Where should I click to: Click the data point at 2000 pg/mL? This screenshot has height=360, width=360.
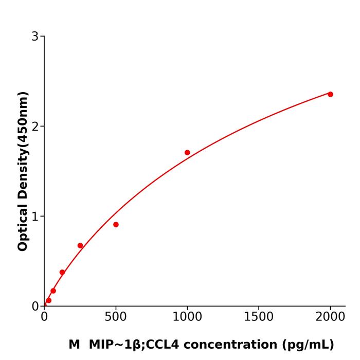pos(330,94)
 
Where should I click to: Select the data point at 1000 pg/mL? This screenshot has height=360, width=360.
pos(187,152)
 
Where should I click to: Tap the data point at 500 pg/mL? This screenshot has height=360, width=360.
pos(116,224)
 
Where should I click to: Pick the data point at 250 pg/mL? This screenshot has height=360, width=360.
pos(80,245)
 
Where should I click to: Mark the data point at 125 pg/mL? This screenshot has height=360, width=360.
pos(62,272)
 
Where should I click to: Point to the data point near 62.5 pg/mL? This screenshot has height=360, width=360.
pos(53,291)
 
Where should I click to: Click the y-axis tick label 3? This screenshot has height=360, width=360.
pos(35,36)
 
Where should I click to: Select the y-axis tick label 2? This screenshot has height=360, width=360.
pos(35,126)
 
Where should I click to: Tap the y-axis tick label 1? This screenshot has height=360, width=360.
pos(35,216)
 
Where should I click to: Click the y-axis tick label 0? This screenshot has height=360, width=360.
pos(35,306)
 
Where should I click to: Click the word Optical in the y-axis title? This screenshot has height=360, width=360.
pos(23,225)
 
